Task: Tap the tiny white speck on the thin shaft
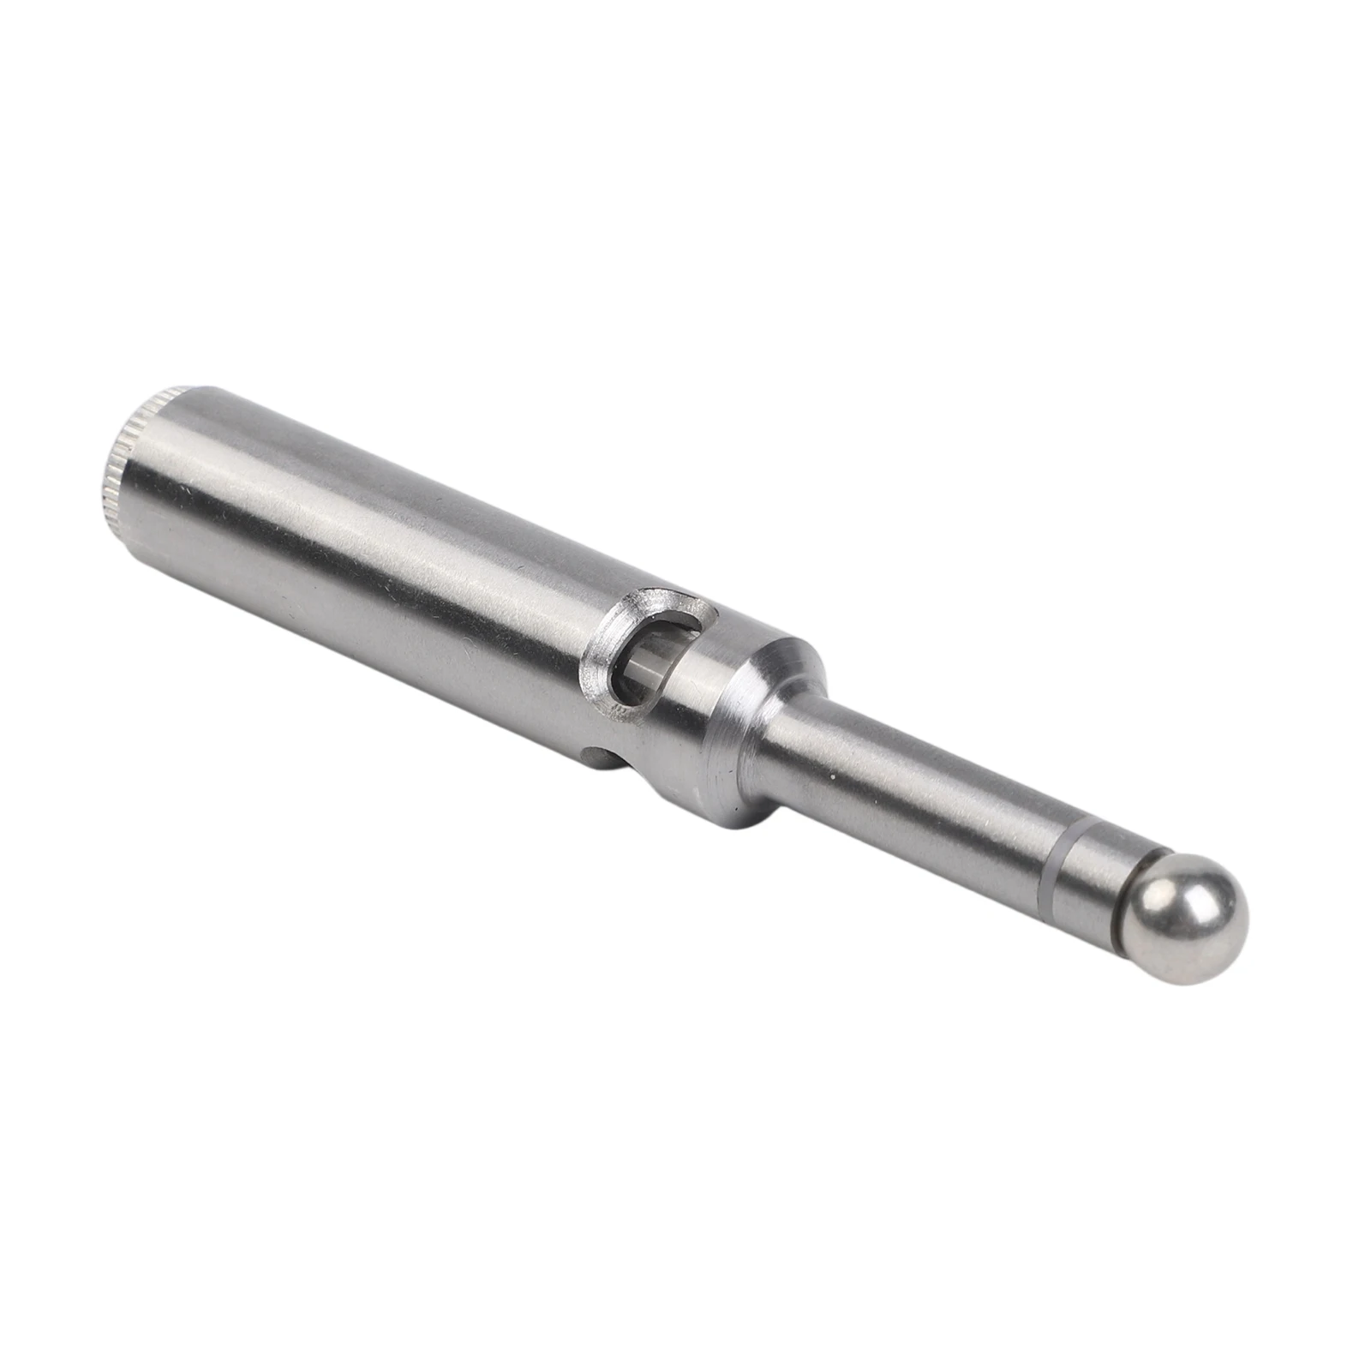pyautogui.click(x=831, y=775)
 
